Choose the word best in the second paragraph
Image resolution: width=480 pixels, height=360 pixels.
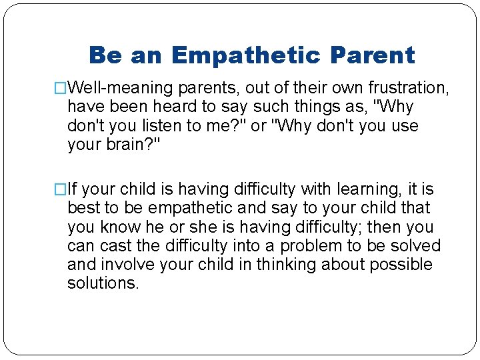point(83,209)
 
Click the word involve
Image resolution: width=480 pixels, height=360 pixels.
point(131,265)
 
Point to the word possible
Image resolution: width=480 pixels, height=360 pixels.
point(401,265)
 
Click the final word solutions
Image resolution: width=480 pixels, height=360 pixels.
point(103,283)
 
